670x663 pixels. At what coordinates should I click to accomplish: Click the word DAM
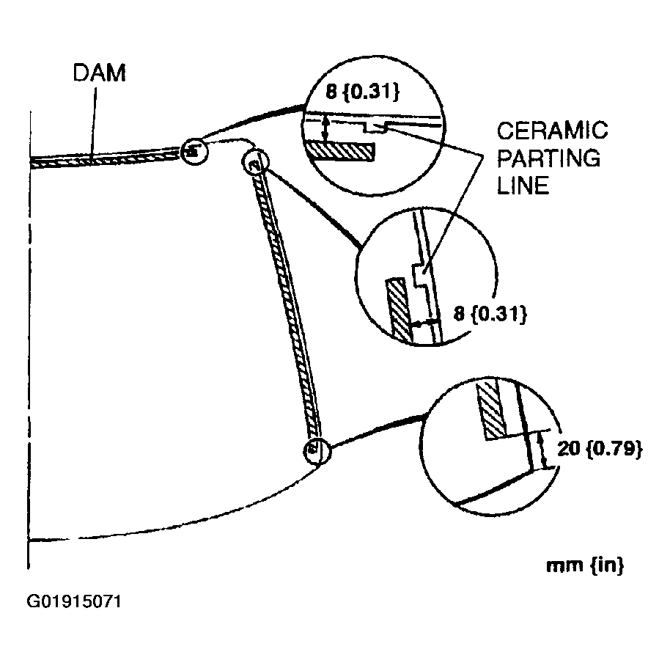(99, 74)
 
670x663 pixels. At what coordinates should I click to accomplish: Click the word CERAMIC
(552, 132)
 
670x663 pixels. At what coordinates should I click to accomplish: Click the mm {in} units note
(585, 565)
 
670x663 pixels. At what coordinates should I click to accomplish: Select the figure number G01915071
(74, 603)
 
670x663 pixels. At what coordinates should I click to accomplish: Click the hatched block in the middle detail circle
(397, 307)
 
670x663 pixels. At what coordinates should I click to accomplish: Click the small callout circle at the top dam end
(194, 151)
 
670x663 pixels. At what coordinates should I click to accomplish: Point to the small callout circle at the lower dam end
(316, 450)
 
